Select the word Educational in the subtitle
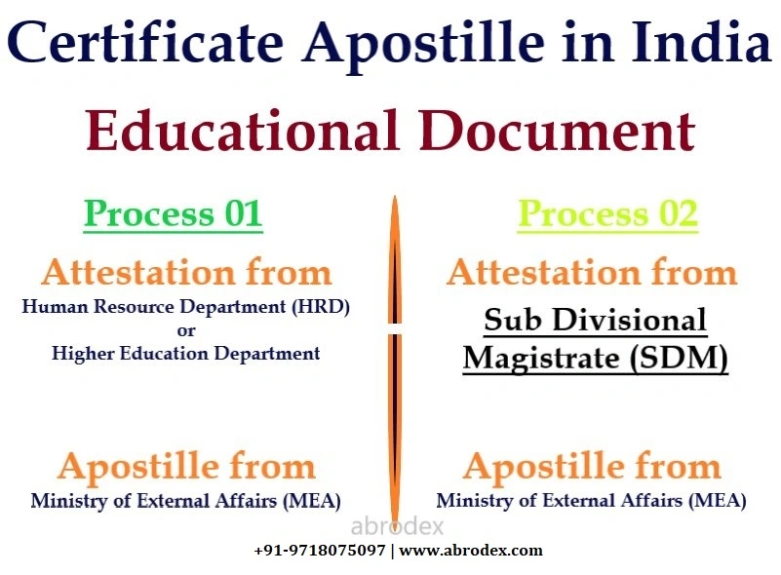[x=242, y=131]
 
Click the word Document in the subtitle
[x=557, y=131]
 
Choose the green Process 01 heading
[x=173, y=213]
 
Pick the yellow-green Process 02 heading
[x=607, y=213]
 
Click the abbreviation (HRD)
[x=320, y=306]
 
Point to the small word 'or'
[x=186, y=330]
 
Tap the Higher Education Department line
[x=186, y=353]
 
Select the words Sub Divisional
[x=595, y=319]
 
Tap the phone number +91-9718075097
[x=319, y=551]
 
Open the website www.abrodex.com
[x=471, y=551]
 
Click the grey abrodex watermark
[x=397, y=526]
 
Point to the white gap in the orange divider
[x=395, y=329]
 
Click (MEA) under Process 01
[x=311, y=501]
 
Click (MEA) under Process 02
[x=718, y=501]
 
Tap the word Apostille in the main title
[x=424, y=44]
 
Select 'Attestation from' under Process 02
[x=592, y=273]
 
